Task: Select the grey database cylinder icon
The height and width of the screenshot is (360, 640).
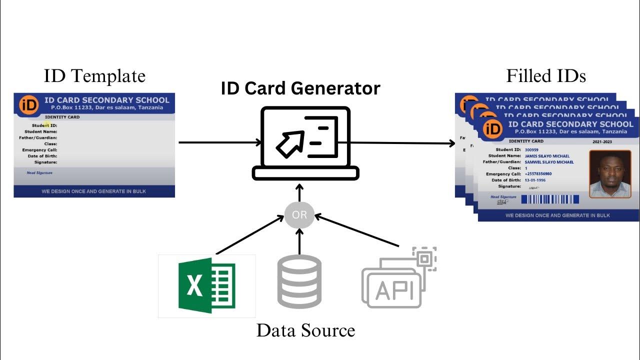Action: [299, 281]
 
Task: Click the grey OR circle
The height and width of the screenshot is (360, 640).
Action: [299, 215]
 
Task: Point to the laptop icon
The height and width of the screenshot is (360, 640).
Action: [305, 143]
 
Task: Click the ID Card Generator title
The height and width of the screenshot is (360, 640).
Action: [300, 88]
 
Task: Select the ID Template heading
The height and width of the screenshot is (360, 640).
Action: [94, 76]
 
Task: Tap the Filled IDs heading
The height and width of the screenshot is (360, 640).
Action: [546, 76]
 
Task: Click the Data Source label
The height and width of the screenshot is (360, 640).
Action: [305, 330]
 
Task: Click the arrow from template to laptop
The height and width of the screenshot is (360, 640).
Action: [220, 142]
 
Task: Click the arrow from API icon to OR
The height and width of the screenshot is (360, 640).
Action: [358, 231]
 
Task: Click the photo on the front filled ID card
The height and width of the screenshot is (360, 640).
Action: [610, 174]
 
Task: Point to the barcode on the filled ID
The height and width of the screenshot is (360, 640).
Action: [550, 199]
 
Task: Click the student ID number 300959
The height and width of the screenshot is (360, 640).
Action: [531, 150]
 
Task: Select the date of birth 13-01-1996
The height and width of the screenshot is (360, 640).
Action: [535, 180]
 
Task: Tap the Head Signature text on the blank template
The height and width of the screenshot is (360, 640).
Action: [39, 173]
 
